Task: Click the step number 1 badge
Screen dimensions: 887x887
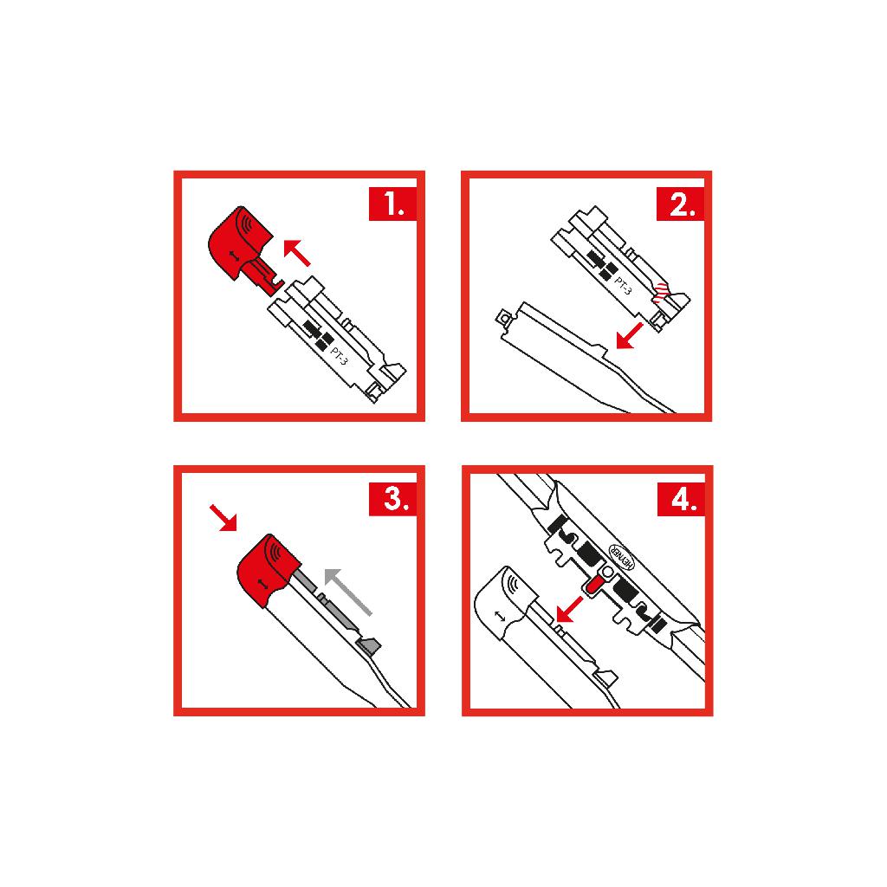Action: click(392, 204)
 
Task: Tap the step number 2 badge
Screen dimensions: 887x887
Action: click(680, 204)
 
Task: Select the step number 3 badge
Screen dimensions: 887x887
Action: click(392, 499)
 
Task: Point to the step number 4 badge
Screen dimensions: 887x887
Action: click(681, 499)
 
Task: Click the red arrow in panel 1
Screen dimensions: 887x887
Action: click(297, 252)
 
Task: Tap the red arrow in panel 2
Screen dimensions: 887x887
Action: click(629, 336)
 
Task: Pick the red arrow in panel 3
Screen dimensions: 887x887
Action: click(223, 518)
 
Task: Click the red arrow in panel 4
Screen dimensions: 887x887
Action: click(570, 609)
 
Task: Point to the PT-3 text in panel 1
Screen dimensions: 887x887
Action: click(340, 355)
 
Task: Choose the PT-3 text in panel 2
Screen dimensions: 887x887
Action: click(623, 285)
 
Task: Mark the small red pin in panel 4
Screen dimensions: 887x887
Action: click(594, 586)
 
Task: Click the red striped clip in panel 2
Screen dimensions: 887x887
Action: click(660, 294)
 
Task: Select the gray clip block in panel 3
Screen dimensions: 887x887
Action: click(369, 644)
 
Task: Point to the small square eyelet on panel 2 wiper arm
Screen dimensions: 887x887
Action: click(503, 317)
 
